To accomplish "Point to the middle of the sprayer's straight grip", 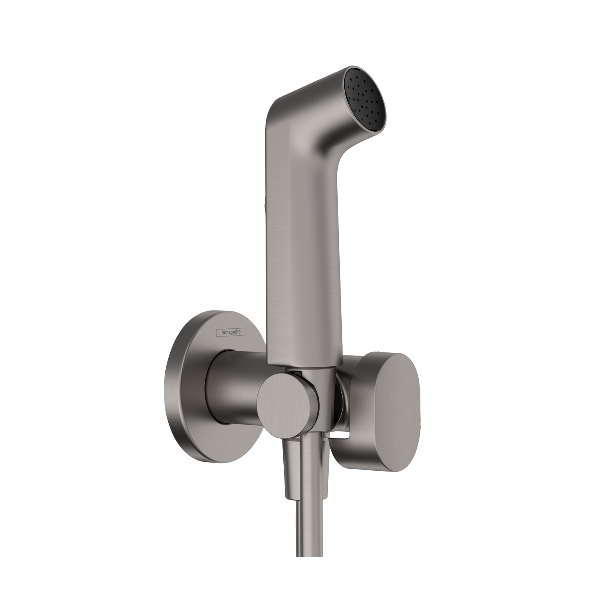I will pos(303,246).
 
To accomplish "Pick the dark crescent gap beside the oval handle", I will pos(338,409).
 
